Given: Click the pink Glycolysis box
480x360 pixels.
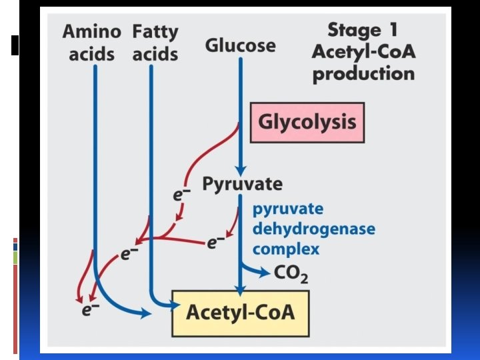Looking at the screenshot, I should (x=307, y=122).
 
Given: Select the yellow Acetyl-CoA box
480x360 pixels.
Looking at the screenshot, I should (x=240, y=312).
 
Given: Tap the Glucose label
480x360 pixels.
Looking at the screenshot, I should (x=240, y=45).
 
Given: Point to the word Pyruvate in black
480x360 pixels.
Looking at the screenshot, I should (x=242, y=183).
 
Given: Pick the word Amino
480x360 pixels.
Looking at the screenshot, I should (x=92, y=31).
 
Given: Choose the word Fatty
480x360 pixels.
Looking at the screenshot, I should (x=155, y=32).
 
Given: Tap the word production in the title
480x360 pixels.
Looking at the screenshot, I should (x=363, y=73).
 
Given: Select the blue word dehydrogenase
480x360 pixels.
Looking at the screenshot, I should (x=313, y=229).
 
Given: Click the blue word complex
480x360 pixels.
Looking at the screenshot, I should (x=286, y=249).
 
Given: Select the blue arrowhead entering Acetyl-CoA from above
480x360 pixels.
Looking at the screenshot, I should (x=240, y=288).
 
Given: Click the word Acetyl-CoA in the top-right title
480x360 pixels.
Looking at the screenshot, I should (x=363, y=51).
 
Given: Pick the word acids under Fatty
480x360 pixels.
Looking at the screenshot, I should (x=155, y=53).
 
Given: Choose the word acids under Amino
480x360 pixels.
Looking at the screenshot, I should (x=92, y=53).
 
